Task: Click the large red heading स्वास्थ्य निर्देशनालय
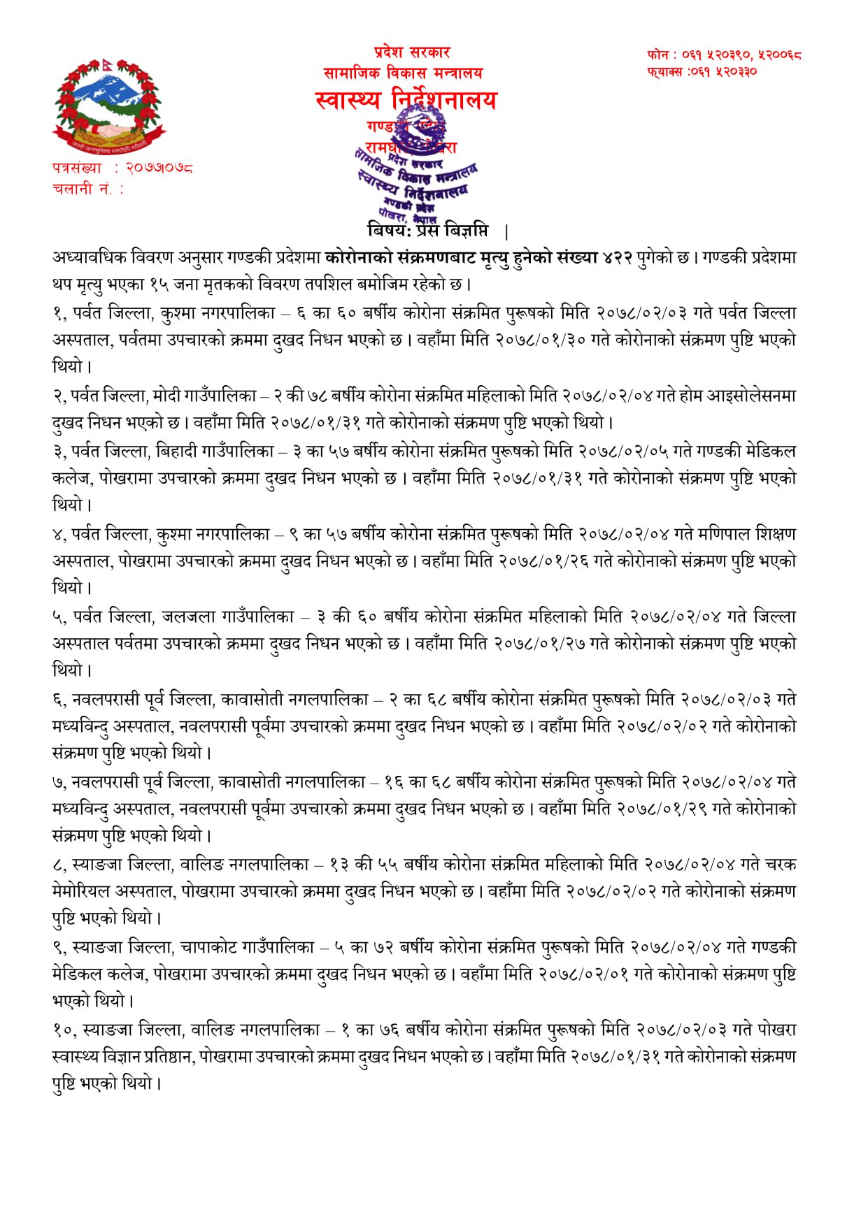tap(406, 100)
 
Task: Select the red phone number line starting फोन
tap(724, 55)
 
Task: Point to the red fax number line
tap(702, 71)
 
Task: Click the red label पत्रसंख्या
tap(78, 168)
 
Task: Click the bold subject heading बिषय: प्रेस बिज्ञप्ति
tap(427, 230)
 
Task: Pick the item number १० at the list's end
tap(64, 1030)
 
